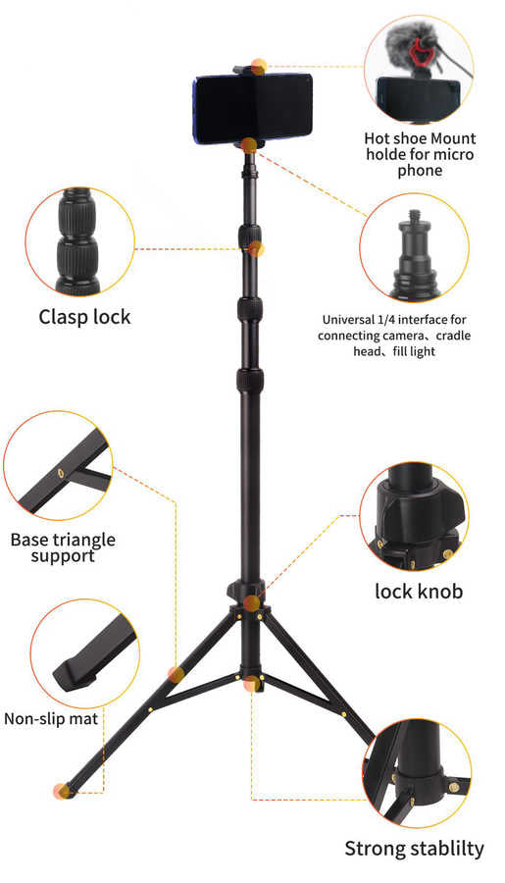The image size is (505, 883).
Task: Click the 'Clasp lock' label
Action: (x=84, y=317)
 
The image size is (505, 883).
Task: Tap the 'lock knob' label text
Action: (x=419, y=591)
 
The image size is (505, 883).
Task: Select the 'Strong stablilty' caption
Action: (x=414, y=849)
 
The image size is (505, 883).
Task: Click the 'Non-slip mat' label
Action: (x=51, y=719)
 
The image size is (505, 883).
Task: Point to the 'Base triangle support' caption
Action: (x=63, y=547)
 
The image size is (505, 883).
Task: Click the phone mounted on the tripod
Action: (x=252, y=108)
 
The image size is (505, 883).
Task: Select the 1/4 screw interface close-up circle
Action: (x=411, y=251)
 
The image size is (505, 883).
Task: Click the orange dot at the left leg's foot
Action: (x=62, y=791)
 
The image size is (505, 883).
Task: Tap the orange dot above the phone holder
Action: (x=258, y=67)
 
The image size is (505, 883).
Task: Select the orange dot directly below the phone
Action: (x=249, y=145)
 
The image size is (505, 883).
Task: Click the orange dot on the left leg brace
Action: (x=176, y=674)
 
